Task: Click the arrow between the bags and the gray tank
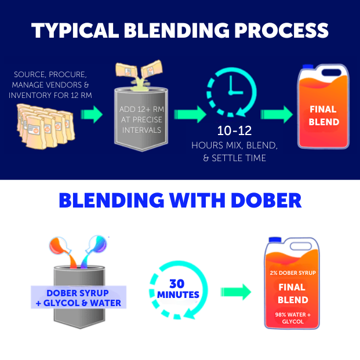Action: [91, 115]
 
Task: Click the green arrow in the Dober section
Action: [235, 291]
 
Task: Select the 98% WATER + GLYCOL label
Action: [292, 318]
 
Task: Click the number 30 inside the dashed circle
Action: [178, 284]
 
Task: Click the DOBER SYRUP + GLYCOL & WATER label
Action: [78, 297]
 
